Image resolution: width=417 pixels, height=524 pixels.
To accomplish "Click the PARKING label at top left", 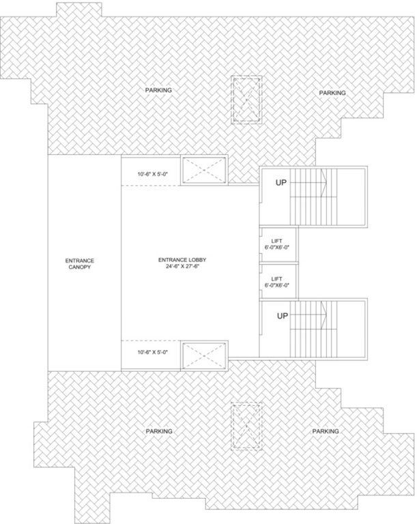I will pos(158,90).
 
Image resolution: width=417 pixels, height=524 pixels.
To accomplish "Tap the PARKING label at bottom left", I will pos(159,431).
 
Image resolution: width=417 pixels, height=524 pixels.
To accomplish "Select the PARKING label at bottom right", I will pos(326,431).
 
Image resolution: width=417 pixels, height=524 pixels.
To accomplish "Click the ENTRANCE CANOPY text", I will pos(80,264).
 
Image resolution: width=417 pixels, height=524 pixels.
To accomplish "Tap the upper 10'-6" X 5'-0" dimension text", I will pos(152,174).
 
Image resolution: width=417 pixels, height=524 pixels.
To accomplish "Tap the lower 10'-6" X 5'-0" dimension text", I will pos(152,352).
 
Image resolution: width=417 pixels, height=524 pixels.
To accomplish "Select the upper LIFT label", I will pos(277,239).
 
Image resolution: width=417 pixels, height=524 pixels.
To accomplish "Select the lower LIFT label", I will pos(277,278).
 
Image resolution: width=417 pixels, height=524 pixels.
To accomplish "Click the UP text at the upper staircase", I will pos(281,183).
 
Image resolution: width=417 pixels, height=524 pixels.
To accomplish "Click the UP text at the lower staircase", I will pos(281,317).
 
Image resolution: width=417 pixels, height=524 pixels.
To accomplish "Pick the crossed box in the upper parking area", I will pos(246,100).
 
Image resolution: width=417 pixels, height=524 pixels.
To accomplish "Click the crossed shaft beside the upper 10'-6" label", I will pos(203,169).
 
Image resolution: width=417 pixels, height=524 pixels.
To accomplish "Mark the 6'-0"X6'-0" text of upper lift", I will pos(277,247).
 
